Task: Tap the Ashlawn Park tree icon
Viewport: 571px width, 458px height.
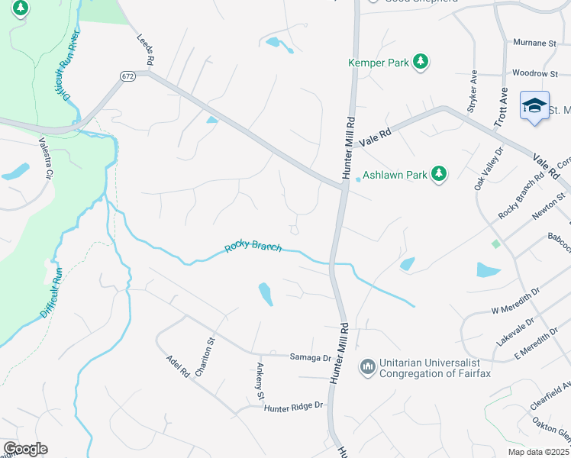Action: point(438,175)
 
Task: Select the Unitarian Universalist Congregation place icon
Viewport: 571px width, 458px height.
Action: point(368,368)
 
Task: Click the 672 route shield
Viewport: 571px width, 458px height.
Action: point(127,76)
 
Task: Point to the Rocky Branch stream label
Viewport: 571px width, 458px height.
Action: point(253,247)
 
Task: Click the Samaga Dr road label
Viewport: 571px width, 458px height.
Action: point(309,356)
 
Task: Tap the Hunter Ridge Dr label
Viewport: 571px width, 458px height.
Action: point(293,408)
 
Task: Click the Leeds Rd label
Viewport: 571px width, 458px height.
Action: point(146,49)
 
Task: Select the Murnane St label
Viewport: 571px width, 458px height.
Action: point(534,44)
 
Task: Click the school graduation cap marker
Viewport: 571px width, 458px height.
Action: point(535,106)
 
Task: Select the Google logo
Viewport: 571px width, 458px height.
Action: point(25,449)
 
